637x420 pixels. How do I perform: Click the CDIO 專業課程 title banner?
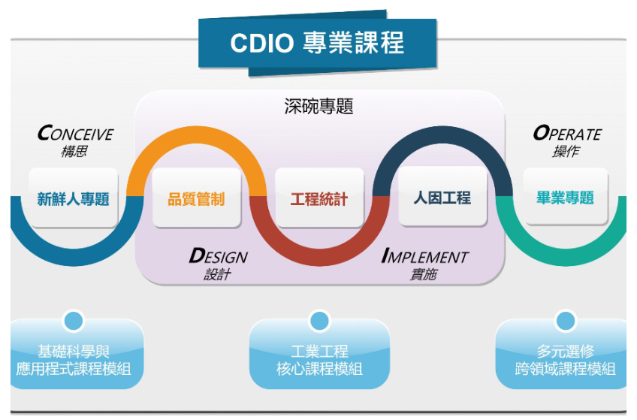(x=317, y=42)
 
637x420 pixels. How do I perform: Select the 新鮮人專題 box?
(x=74, y=198)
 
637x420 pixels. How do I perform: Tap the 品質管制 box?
(x=196, y=199)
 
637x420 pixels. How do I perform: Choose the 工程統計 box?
(x=319, y=199)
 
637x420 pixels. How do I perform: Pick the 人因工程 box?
(x=442, y=198)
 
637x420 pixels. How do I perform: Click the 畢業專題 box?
(x=565, y=198)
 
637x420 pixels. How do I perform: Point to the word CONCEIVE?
(x=75, y=134)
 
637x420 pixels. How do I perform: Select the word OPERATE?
(x=567, y=134)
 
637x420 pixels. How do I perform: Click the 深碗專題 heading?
(x=318, y=107)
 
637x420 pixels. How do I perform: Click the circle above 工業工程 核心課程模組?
(x=319, y=321)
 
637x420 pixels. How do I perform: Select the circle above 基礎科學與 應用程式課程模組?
(x=74, y=321)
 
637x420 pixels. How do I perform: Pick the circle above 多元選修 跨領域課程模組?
(x=565, y=321)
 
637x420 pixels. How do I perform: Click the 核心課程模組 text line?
(x=319, y=368)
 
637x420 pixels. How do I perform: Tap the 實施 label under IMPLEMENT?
(x=423, y=274)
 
